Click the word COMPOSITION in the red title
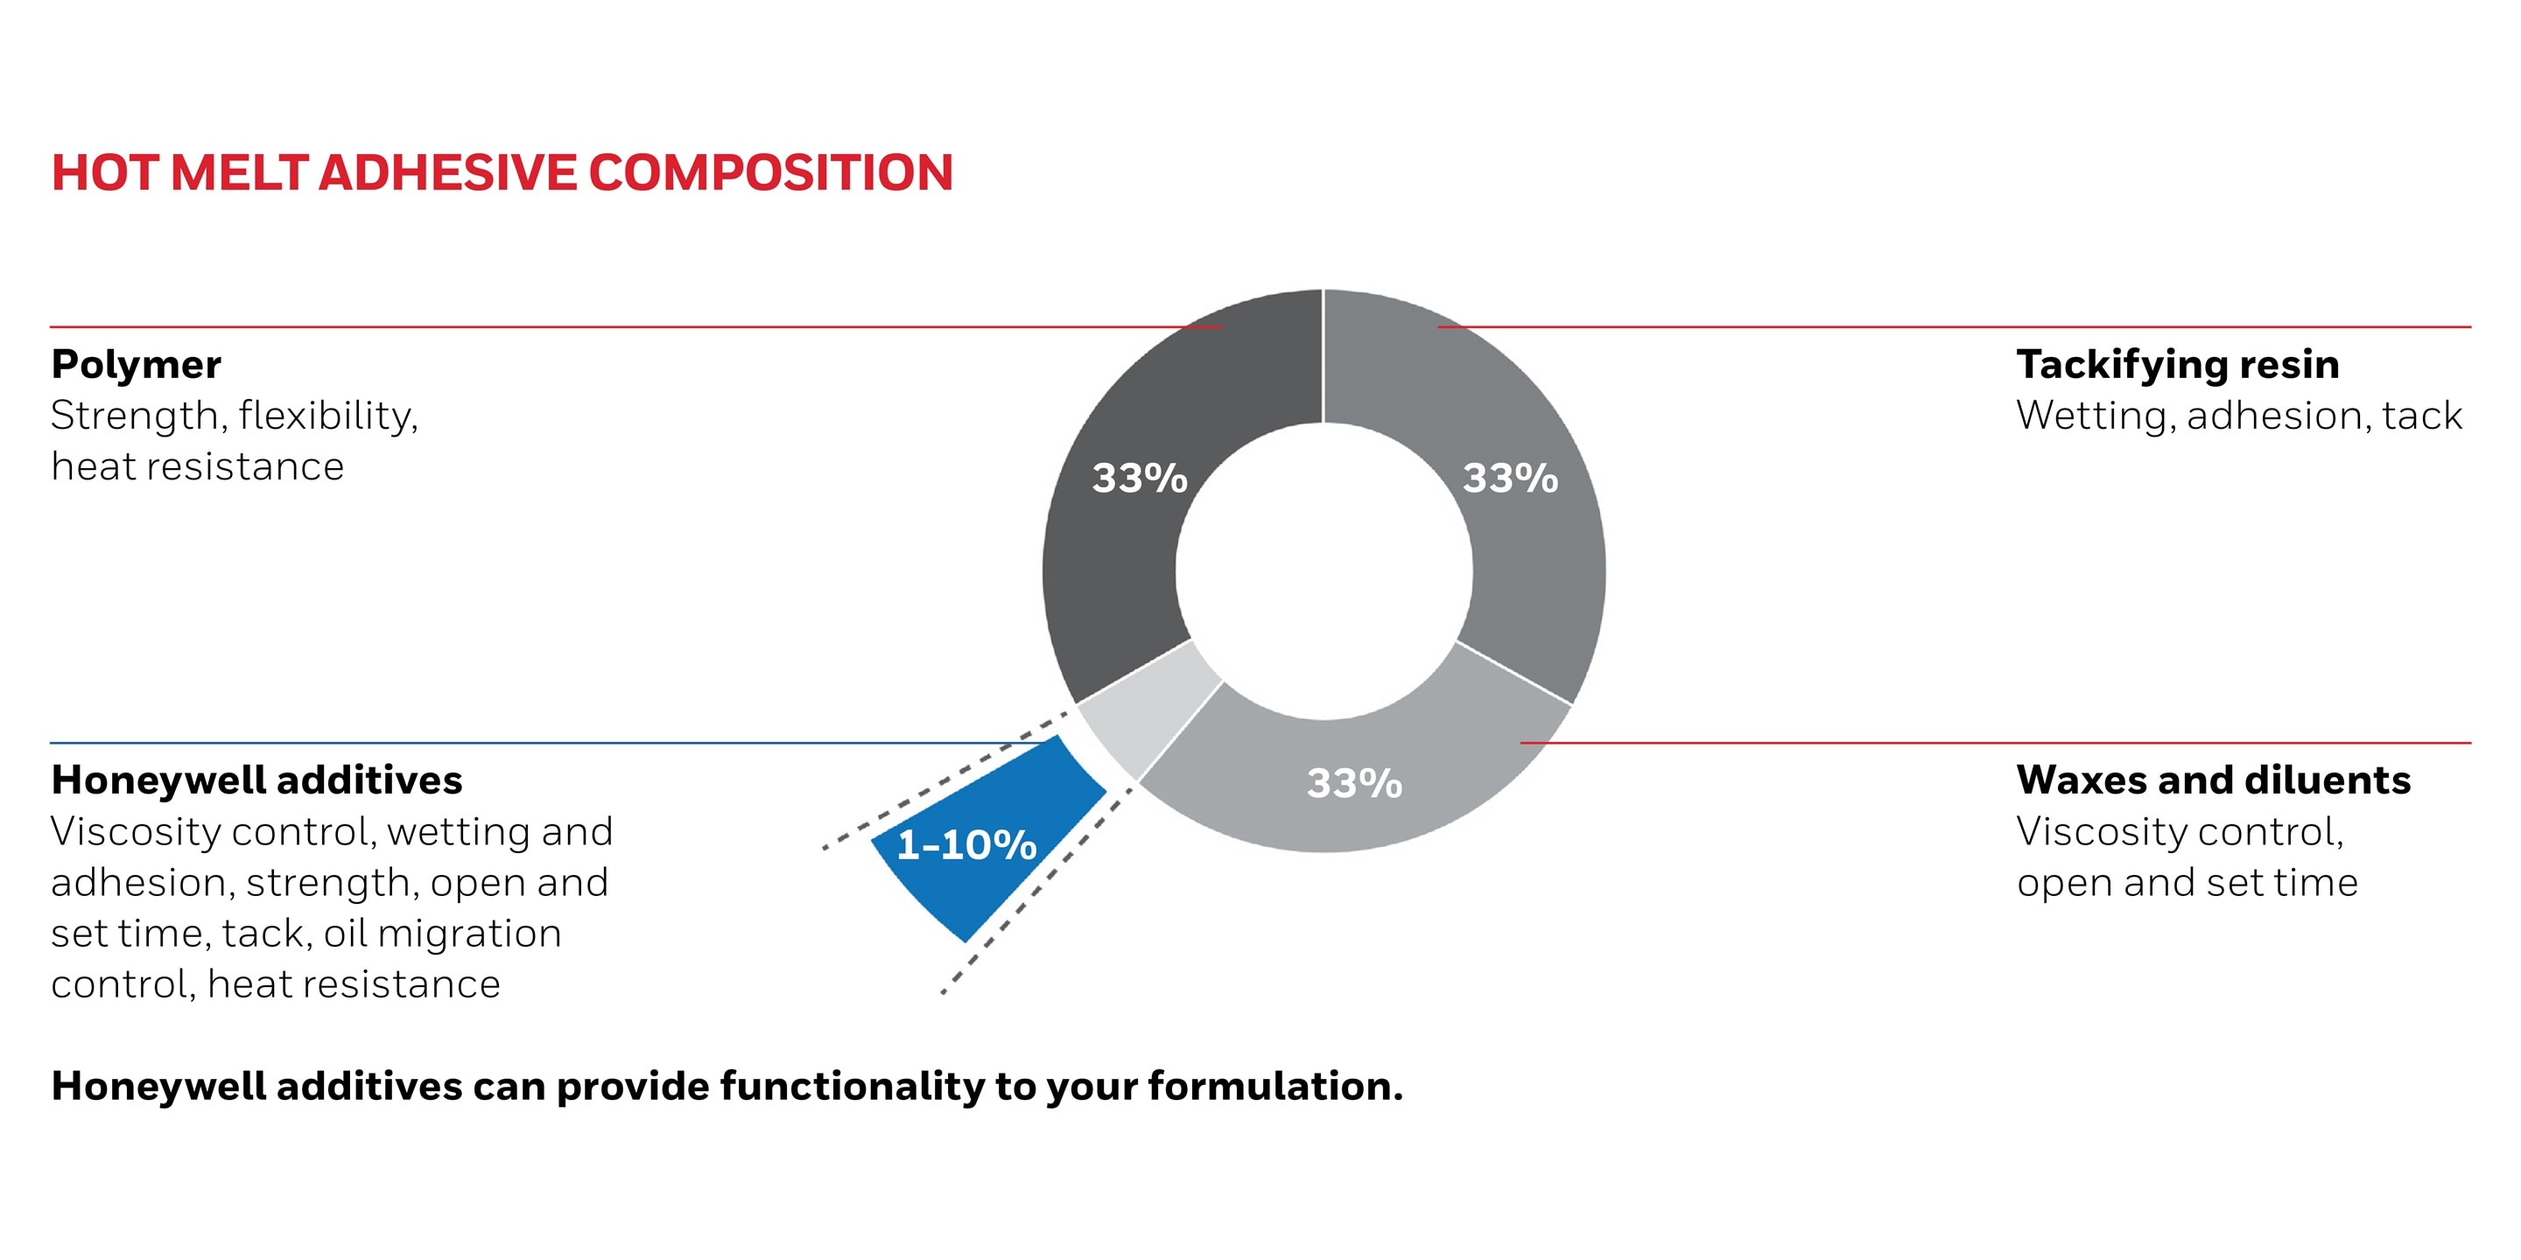click(770, 173)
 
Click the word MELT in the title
click(239, 173)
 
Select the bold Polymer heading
click(136, 364)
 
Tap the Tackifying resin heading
click(2178, 364)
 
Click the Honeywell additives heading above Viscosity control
click(256, 780)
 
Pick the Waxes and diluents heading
click(2213, 780)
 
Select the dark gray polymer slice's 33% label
click(1139, 479)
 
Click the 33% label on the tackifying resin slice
click(1510, 479)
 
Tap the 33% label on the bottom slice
click(1354, 782)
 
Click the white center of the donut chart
click(1324, 571)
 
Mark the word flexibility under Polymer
click(328, 416)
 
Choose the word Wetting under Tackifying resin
click(2096, 416)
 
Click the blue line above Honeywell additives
click(489, 744)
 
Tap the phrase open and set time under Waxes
click(2187, 882)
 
